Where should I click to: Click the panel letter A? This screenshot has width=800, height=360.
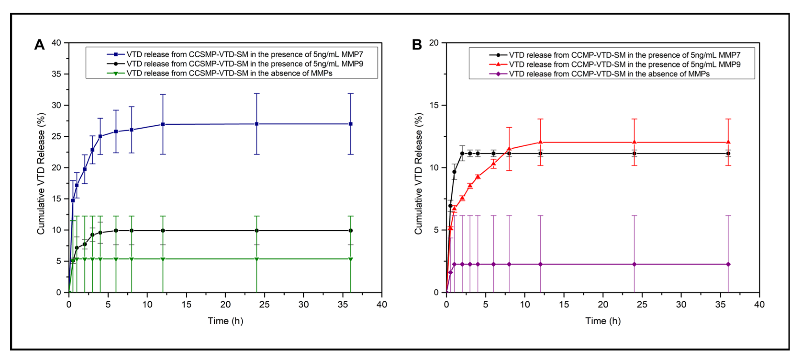[x=39, y=45]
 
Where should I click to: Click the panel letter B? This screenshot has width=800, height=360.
[x=417, y=45]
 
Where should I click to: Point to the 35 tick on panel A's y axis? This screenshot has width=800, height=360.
[x=56, y=74]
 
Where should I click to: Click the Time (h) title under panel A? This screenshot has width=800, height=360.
[x=225, y=321]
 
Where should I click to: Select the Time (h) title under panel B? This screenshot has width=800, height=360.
[x=603, y=321]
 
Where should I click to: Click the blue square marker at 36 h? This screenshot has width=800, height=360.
[x=351, y=124]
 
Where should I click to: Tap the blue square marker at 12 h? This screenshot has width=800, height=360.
[x=163, y=124]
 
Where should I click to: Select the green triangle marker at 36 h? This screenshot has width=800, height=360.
[x=351, y=259]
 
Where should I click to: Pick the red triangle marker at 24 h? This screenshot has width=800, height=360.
[x=634, y=142]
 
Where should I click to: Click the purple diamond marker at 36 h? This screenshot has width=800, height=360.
[x=728, y=264]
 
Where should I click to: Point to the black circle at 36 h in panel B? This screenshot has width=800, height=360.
[x=728, y=153]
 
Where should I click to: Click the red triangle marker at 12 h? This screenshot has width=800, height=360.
[x=540, y=142]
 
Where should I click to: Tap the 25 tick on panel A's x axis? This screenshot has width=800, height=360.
[x=264, y=305]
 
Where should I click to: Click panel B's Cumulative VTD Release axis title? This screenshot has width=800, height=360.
[x=418, y=173]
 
